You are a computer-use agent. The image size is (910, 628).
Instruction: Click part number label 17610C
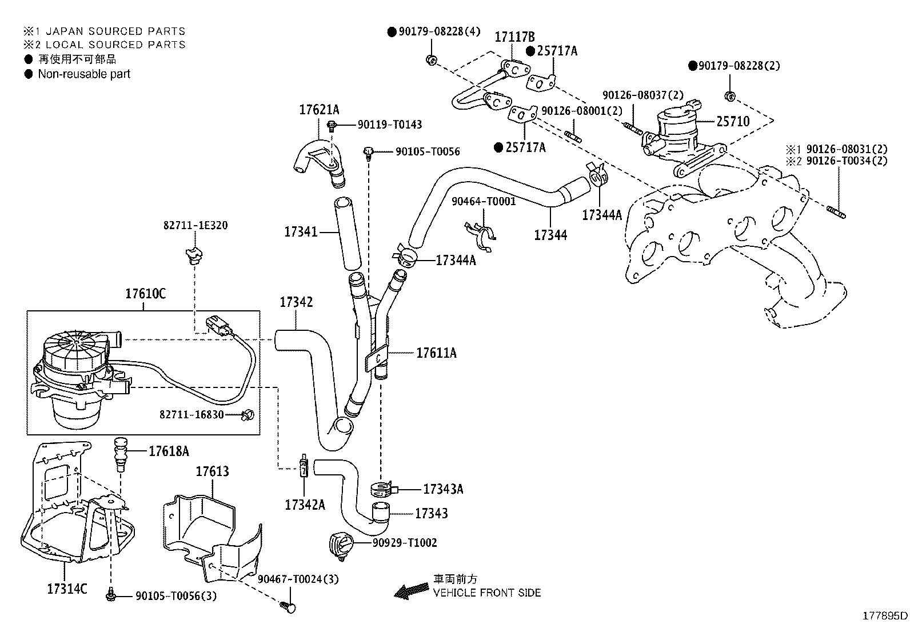[x=145, y=294]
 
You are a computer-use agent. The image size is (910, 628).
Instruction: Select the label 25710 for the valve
[x=733, y=121]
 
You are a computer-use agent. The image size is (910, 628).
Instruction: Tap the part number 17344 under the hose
[x=550, y=234]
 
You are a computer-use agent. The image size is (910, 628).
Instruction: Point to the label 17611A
[x=436, y=353]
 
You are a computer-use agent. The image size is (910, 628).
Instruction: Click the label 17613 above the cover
[x=212, y=471]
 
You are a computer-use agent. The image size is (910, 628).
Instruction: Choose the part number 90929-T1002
[x=405, y=543]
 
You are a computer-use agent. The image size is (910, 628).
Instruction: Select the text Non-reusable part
[x=84, y=74]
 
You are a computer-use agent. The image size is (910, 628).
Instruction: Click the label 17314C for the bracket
[x=67, y=589]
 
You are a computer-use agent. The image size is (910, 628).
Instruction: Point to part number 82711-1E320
[x=195, y=226]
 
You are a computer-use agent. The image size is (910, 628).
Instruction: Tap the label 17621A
[x=319, y=110]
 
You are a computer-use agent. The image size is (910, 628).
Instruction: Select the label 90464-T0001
[x=484, y=201]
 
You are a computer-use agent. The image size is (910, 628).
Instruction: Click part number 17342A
[x=305, y=505]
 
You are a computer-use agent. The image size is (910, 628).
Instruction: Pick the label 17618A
[x=169, y=451]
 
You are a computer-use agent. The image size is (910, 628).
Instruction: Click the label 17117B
[x=514, y=37]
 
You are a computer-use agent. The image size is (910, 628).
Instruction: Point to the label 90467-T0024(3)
[x=298, y=579]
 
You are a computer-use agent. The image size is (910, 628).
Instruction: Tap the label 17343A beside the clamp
[x=443, y=489]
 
